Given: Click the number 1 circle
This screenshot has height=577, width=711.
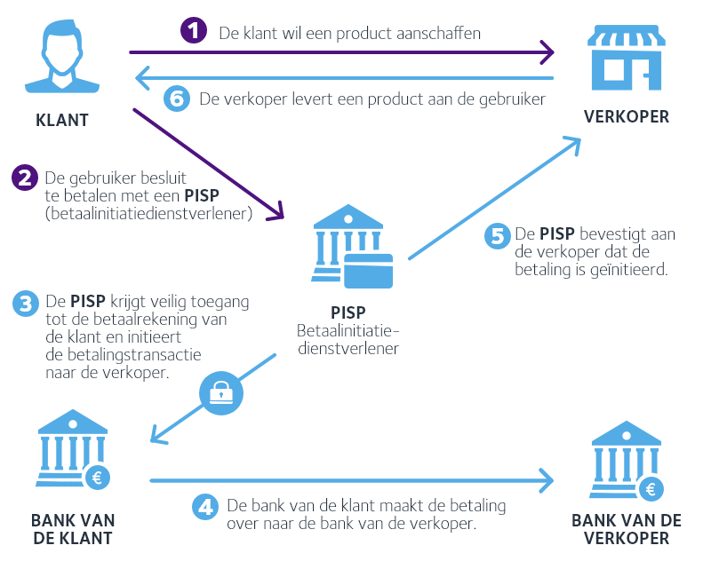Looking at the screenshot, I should click(x=194, y=33).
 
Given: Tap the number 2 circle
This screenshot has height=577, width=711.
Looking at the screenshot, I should click(x=25, y=178).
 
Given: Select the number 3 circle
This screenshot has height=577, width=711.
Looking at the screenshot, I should click(x=25, y=302).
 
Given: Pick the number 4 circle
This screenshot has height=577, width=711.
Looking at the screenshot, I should click(x=205, y=507).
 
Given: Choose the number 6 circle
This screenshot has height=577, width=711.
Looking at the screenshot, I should click(x=178, y=99).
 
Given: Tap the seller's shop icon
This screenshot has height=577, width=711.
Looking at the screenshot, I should click(x=626, y=58).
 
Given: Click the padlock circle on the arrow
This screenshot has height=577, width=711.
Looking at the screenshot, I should click(x=220, y=391).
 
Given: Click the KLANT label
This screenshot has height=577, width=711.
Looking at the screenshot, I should click(x=62, y=121).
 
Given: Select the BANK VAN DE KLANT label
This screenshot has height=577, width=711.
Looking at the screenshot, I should click(x=73, y=529).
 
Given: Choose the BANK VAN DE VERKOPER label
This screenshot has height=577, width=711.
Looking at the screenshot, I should click(x=627, y=529).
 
